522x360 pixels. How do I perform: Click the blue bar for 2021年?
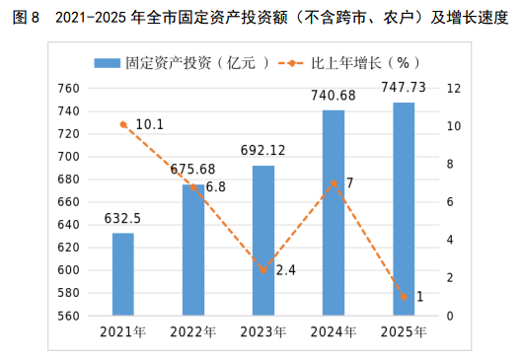(x=123, y=274)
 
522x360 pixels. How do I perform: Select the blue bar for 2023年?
(x=263, y=241)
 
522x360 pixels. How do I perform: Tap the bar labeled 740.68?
(x=334, y=213)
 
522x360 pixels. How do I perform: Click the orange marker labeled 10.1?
(x=123, y=125)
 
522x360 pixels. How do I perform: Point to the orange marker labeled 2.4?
(x=263, y=270)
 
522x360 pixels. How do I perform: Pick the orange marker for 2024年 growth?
(x=334, y=183)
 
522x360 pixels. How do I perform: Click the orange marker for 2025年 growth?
(x=404, y=297)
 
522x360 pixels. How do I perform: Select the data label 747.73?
(x=404, y=88)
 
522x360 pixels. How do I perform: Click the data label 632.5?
(x=122, y=219)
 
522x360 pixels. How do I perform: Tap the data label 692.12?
(x=263, y=150)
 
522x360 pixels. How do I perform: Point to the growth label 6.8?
(x=216, y=187)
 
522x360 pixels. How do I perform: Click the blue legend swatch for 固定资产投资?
(x=108, y=63)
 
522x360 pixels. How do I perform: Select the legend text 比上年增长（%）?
(x=365, y=63)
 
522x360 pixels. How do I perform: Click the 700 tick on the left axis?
(x=68, y=157)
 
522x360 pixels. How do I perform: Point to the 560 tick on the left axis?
(x=68, y=316)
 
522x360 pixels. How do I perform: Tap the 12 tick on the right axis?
(x=454, y=89)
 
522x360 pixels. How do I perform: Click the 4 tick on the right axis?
(x=450, y=240)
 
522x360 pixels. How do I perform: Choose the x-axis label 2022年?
(x=193, y=332)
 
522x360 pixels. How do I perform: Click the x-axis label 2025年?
(x=404, y=332)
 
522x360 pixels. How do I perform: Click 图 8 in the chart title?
(x=26, y=18)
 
